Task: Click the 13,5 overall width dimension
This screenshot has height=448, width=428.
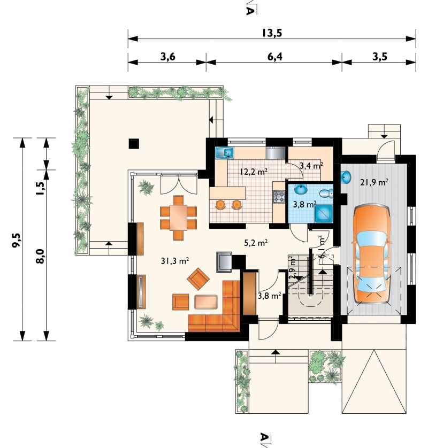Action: [272, 33]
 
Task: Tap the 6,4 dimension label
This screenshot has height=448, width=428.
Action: [275, 57]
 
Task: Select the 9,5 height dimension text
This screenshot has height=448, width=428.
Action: [17, 240]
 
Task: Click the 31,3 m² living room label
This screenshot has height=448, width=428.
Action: [175, 260]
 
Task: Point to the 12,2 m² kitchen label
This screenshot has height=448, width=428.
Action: [254, 172]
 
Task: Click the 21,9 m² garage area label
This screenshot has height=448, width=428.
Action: [374, 182]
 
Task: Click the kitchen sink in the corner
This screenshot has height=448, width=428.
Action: [225, 152]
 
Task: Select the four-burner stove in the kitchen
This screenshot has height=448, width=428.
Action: [279, 197]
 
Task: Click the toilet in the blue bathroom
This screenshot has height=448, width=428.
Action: [326, 194]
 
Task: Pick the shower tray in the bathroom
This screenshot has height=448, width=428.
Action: [324, 213]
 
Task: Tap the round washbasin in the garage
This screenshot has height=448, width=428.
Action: [346, 177]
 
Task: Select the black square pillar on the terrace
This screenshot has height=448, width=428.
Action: [134, 143]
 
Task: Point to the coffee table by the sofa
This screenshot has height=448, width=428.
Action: [206, 302]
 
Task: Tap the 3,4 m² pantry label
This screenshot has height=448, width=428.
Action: [311, 165]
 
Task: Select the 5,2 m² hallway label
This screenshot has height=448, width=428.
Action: [256, 243]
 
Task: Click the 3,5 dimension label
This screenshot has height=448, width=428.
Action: [380, 57]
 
